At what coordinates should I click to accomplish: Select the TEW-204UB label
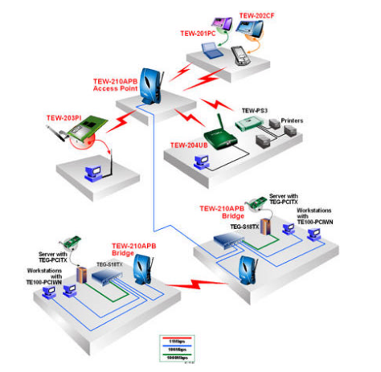click(x=190, y=145)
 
